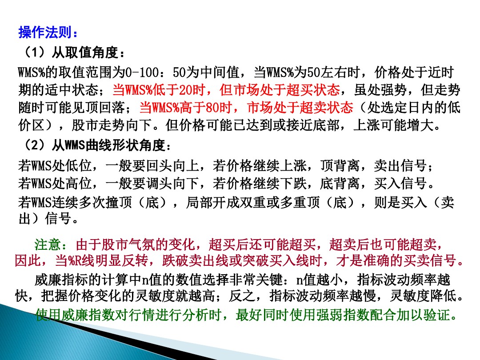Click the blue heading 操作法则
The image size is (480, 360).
point(48,33)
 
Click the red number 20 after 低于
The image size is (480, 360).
point(186,91)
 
